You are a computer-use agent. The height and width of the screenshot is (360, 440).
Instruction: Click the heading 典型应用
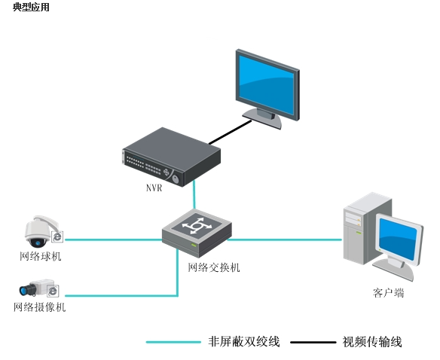click(x=31, y=7)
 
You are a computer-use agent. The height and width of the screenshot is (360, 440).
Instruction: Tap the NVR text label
click(x=154, y=188)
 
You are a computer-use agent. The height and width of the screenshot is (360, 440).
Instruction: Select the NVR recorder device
click(x=171, y=157)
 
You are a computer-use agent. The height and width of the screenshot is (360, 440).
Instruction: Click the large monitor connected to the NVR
click(x=267, y=88)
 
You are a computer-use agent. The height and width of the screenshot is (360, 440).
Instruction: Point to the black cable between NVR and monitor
click(x=230, y=132)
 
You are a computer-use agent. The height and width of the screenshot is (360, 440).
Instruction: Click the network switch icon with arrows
click(x=197, y=233)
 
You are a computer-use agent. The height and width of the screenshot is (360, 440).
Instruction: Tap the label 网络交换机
click(x=213, y=267)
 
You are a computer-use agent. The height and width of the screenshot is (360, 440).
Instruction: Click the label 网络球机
click(x=41, y=256)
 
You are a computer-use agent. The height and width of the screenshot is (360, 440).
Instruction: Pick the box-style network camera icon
click(x=39, y=288)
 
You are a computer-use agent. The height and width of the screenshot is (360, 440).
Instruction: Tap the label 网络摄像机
click(x=40, y=307)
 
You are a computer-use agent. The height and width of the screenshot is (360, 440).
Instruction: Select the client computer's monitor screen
click(x=398, y=239)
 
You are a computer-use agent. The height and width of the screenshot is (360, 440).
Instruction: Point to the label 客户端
click(x=388, y=293)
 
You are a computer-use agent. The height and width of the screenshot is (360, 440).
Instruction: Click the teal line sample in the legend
click(x=173, y=342)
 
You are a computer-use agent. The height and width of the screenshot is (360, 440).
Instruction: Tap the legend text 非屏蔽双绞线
click(x=244, y=342)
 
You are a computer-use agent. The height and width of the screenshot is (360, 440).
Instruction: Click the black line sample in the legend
click(x=313, y=343)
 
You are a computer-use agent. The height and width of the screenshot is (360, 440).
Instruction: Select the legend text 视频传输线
click(x=372, y=342)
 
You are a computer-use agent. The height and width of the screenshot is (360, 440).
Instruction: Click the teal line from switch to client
click(x=284, y=239)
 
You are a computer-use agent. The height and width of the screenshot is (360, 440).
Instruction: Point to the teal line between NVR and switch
click(x=194, y=195)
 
